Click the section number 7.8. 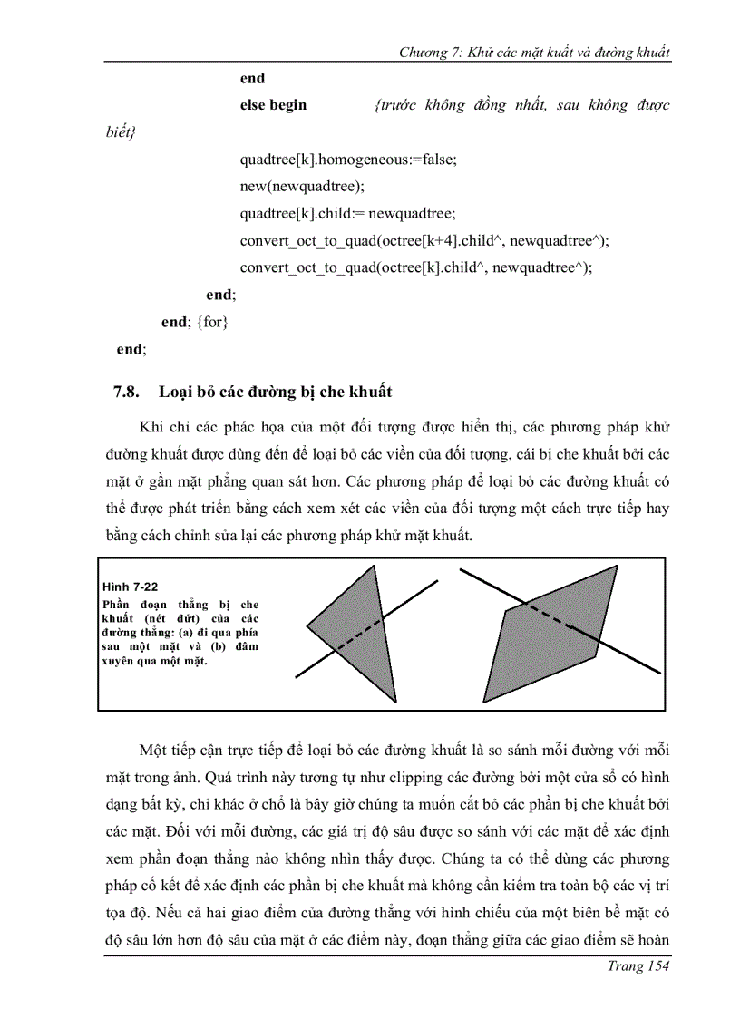tap(124, 392)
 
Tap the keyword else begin tap(273, 105)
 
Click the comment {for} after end tap(211, 322)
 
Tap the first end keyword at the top tap(252, 78)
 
